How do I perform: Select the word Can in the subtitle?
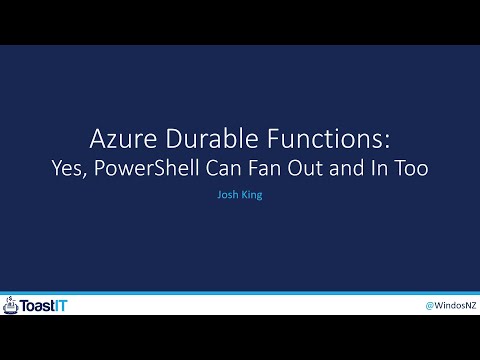click(221, 169)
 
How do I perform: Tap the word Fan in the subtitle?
click(263, 169)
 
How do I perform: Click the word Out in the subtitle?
click(304, 169)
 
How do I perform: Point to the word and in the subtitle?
click(346, 169)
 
